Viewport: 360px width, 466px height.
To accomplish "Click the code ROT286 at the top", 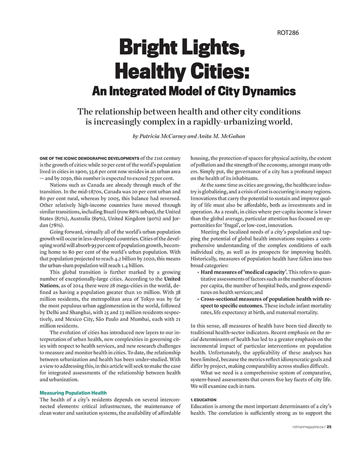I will click(x=287, y=33).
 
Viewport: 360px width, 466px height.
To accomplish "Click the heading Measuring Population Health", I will click(x=73, y=392).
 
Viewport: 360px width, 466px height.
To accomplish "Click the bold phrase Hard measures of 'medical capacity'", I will click(x=244, y=271).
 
